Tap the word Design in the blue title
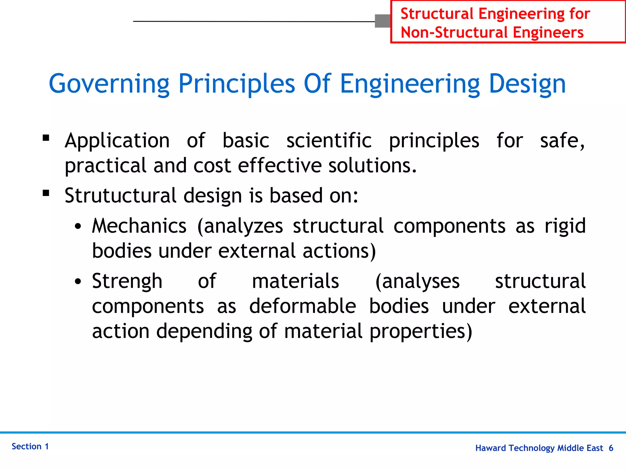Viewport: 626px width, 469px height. pyautogui.click(x=527, y=84)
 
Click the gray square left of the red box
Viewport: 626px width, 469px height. pyautogui.click(x=383, y=21)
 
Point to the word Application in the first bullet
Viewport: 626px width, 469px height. pyautogui.click(x=117, y=141)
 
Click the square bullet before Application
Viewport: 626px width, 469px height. pyautogui.click(x=46, y=138)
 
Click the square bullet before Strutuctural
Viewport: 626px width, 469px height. pyautogui.click(x=46, y=193)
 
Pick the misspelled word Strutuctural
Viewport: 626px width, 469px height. pyautogui.click(x=120, y=195)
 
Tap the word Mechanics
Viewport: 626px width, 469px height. pyautogui.click(x=139, y=226)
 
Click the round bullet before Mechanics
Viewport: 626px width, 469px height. pyautogui.click(x=78, y=227)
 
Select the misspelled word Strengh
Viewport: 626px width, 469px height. pyautogui.click(x=127, y=281)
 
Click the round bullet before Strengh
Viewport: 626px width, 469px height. pyautogui.click(x=78, y=282)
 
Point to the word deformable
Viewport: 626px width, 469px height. pyautogui.click(x=303, y=306)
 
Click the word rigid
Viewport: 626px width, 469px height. pyautogui.click(x=565, y=226)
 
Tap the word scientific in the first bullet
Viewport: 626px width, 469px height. pyautogui.click(x=329, y=141)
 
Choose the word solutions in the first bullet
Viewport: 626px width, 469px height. pyautogui.click(x=372, y=166)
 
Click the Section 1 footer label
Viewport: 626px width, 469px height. pyautogui.click(x=30, y=446)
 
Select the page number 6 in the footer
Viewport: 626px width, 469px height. pyautogui.click(x=611, y=448)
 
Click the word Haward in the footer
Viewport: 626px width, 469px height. pyautogui.click(x=491, y=448)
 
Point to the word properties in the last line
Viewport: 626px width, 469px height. pyautogui.click(x=421, y=332)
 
